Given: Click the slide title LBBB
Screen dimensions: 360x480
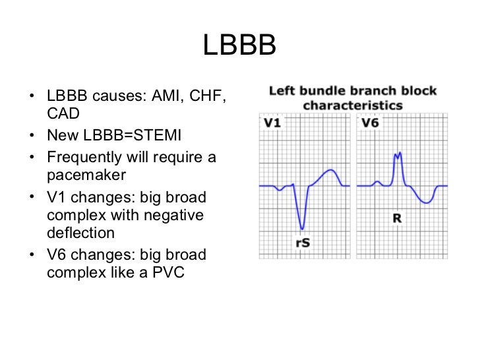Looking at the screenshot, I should click(x=239, y=46).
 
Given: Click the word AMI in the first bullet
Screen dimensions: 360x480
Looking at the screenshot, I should click(x=168, y=97).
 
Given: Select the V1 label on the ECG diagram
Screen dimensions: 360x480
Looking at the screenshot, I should click(x=273, y=123).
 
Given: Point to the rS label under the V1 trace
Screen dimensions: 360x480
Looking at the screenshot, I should click(x=302, y=243).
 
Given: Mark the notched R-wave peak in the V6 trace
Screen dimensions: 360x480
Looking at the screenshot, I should click(x=398, y=156).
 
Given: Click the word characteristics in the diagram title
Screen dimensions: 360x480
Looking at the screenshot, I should click(x=353, y=105).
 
